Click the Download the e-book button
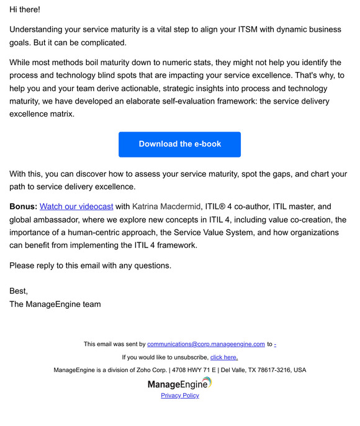(179, 144)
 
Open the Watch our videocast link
(76, 206)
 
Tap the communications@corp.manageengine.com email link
(206, 344)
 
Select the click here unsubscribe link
(223, 357)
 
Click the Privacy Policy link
(180, 396)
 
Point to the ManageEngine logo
(180, 384)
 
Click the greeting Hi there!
(25, 11)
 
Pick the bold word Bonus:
(24, 206)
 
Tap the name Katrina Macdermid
(166, 206)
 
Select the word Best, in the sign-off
(19, 291)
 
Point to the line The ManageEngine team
(55, 304)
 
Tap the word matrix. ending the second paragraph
(61, 114)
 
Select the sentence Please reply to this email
(90, 266)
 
